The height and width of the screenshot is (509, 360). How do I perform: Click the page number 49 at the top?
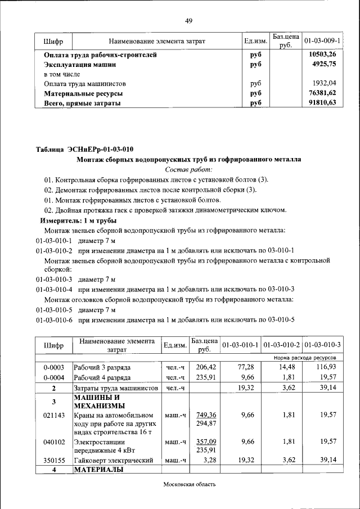[x=189, y=21]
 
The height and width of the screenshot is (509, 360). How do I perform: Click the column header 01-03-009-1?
[x=322, y=41]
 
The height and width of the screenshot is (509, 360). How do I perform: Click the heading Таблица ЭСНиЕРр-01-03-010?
[x=85, y=149]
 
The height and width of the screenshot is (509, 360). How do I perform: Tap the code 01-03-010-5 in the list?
[x=54, y=310]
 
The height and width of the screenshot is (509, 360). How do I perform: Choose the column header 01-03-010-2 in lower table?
[x=281, y=344]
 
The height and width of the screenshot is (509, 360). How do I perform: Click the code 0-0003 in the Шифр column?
[x=54, y=367]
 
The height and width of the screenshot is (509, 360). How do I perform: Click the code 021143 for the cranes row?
[x=54, y=415]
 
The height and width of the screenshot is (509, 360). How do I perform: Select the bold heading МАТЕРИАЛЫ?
[x=98, y=470]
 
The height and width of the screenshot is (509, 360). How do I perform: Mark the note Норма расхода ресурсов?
[x=305, y=357]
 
